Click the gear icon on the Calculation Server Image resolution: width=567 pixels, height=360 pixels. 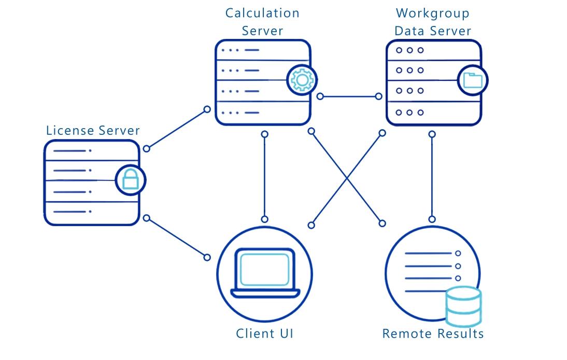302,80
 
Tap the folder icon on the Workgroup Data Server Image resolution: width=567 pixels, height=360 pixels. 473,80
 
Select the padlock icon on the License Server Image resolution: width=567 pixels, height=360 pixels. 131,179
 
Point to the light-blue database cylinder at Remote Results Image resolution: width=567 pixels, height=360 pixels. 463,307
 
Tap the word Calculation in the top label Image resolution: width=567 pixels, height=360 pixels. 262,13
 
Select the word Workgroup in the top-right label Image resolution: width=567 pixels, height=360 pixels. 432,13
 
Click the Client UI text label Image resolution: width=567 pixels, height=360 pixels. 264,333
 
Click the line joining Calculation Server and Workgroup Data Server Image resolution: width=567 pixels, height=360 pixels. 349,96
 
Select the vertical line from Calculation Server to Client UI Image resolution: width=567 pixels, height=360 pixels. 265,176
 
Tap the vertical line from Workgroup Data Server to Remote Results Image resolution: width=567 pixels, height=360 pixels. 432,176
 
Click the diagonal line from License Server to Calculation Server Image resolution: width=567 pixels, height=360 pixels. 177,129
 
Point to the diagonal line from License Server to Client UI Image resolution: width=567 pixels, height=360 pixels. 177,238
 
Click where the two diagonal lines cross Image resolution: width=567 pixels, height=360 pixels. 347,177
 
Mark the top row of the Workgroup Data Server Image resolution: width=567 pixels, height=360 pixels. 434,50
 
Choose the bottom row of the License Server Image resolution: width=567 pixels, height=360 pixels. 92,213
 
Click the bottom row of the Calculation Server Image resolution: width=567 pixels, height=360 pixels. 263,113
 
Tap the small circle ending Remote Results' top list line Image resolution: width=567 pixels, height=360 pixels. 458,253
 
